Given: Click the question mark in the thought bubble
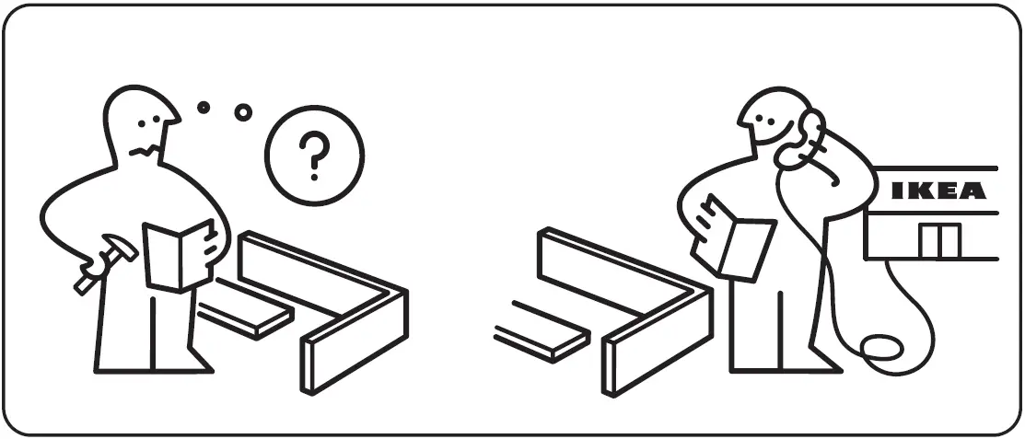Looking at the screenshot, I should point(314,155).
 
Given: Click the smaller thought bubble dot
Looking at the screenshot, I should point(204,107).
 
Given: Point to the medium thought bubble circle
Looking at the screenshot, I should point(243,112).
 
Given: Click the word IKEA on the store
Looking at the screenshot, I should point(938,191).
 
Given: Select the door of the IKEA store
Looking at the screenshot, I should point(938,241).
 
